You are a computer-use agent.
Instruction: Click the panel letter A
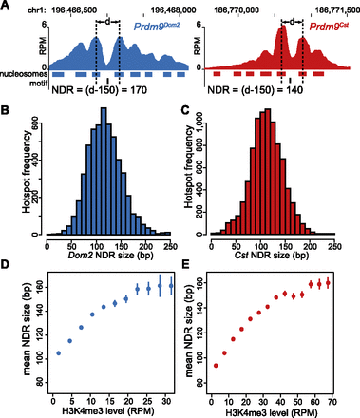(7, 7)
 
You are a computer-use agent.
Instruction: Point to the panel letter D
(7, 267)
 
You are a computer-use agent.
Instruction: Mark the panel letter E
(186, 267)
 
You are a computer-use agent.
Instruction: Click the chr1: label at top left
(16, 7)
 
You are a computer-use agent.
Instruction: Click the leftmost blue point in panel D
(59, 352)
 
